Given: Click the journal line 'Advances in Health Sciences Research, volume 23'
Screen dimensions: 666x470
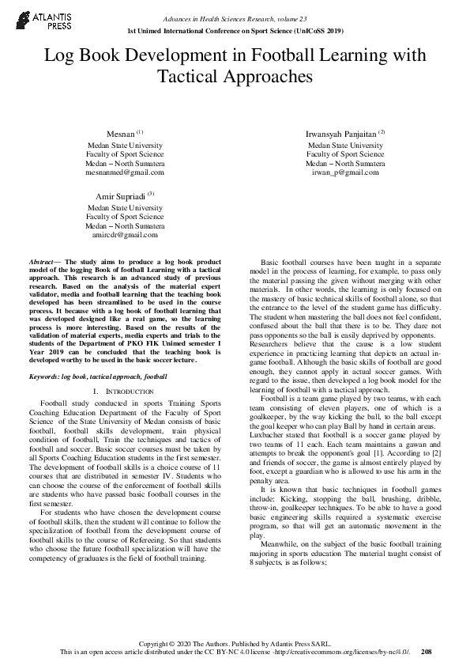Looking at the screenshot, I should coord(235,18).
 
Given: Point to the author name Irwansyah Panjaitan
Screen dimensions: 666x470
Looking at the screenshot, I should coord(342,134).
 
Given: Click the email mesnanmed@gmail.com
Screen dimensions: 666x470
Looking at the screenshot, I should coord(125,172).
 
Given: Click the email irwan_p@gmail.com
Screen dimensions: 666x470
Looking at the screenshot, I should coord(346,172).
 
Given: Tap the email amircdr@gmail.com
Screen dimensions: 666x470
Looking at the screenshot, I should coord(125,235).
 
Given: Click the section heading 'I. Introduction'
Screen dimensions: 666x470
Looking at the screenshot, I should coord(125,392).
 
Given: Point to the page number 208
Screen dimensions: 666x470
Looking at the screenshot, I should coord(427,651).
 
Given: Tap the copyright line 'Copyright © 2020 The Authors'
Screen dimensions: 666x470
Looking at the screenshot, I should coord(235,642).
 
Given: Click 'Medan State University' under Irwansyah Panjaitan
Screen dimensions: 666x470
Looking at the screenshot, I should coord(346,146).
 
